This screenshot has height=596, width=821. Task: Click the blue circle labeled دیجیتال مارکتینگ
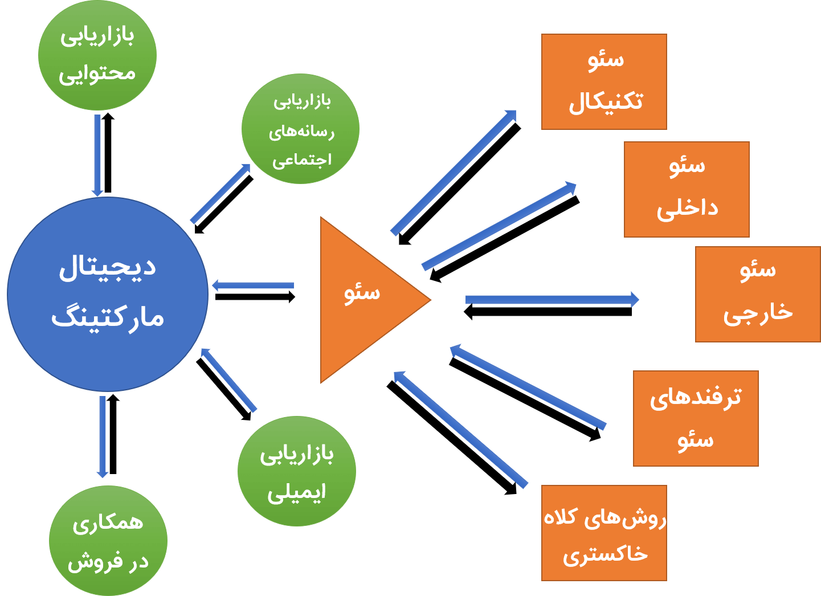pos(108,294)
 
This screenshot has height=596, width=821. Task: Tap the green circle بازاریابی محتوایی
pos(97,55)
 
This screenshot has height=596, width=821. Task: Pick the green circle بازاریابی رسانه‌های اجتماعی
pos(300,129)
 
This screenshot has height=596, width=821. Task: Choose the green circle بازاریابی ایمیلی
pos(297,472)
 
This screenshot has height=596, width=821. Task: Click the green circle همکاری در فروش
pos(108,541)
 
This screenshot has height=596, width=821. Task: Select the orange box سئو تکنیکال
pos(604,82)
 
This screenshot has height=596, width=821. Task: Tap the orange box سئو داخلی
pos(687,189)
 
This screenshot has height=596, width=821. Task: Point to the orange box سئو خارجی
pos(758,294)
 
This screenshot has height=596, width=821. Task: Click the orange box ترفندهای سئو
pos(696,418)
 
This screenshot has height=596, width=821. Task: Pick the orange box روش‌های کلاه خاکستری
pos(604,533)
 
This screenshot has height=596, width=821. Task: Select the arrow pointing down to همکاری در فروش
pos(103,436)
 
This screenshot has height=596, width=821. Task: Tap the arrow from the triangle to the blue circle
pos(254,285)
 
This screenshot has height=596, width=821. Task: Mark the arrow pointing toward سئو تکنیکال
pos(453,172)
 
